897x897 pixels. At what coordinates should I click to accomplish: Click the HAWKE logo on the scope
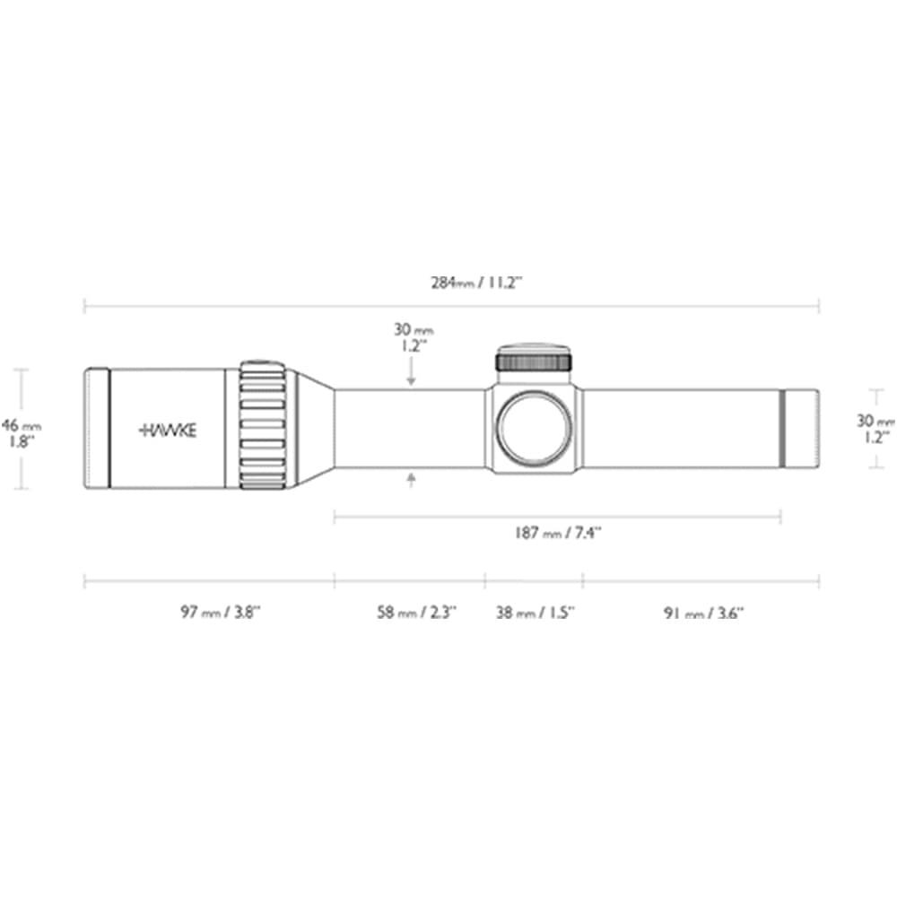point(168,431)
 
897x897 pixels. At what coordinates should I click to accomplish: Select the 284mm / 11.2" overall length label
point(476,283)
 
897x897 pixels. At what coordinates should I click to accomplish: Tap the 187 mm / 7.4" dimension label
point(557,533)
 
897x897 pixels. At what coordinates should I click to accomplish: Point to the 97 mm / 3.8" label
point(221,612)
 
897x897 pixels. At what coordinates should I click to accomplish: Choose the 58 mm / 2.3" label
point(416,612)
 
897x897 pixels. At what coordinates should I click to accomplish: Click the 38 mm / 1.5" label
point(535,613)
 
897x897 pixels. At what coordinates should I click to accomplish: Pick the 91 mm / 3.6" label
point(703,614)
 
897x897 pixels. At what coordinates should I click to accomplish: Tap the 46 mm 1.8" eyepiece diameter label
point(21,433)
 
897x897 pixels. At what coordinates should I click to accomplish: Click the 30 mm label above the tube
point(413,337)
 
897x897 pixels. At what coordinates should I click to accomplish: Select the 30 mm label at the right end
point(875,429)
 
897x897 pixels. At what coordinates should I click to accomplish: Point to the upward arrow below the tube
point(411,480)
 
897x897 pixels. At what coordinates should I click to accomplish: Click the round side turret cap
point(534,428)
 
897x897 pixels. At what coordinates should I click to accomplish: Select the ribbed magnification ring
point(263,425)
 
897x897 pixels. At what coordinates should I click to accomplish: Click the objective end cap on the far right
point(800,429)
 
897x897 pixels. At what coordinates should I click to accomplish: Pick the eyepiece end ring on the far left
point(97,429)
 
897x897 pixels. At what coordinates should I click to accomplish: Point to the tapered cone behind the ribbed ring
point(316,428)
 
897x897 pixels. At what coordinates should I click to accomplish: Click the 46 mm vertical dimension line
point(22,429)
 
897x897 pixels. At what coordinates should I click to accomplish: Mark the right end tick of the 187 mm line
point(781,518)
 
